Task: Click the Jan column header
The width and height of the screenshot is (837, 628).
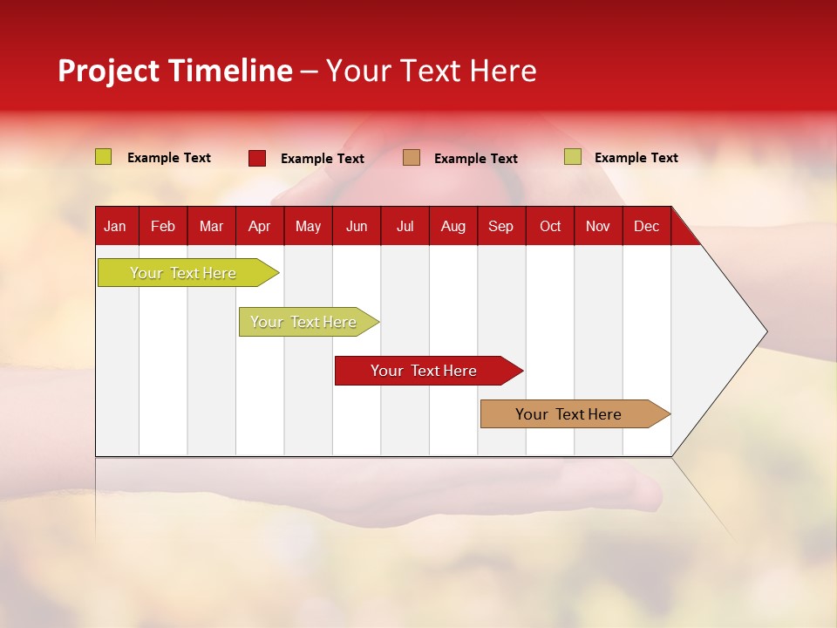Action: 115,227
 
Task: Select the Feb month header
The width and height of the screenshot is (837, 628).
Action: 163,227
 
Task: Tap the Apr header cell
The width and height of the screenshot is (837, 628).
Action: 259,227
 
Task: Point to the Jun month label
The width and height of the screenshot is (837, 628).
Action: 357,227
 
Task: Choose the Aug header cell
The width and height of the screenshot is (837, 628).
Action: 453,227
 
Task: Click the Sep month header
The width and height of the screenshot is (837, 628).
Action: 501,227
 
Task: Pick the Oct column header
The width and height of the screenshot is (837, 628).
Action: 550,227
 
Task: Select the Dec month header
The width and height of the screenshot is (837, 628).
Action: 647,227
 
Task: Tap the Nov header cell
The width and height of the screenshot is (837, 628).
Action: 598,227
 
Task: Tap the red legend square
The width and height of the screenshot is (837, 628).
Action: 257,158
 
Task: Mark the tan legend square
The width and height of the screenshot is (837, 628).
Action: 412,158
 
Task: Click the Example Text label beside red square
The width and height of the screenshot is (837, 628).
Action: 323,159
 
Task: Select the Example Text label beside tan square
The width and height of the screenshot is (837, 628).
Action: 476,159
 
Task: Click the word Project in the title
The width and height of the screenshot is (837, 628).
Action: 109,71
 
